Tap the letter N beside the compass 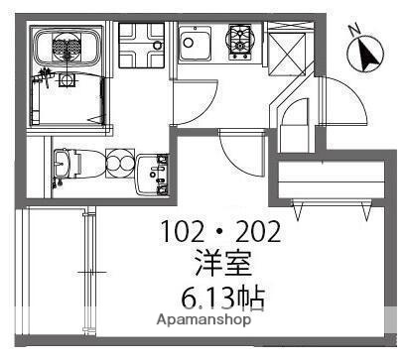[354, 31]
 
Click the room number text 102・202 [221, 235]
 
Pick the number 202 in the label [260, 235]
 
